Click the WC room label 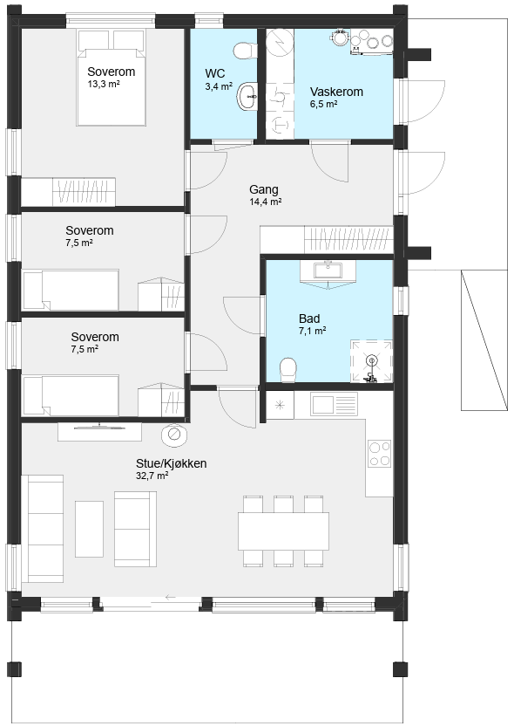click(x=215, y=73)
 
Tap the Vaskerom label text click(x=336, y=92)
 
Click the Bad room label click(x=309, y=318)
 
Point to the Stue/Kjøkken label click(x=171, y=463)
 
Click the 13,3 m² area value click(x=104, y=84)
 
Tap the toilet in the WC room click(x=245, y=51)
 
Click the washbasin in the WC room click(x=247, y=96)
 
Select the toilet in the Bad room click(x=288, y=369)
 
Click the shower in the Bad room click(x=371, y=361)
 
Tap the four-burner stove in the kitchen click(x=380, y=453)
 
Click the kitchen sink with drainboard click(x=334, y=404)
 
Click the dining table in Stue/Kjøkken click(x=283, y=531)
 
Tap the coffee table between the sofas click(x=89, y=529)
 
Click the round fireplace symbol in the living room click(x=174, y=435)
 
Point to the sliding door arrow click(x=170, y=597)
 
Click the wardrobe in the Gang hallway click(x=327, y=239)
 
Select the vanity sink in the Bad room click(x=328, y=270)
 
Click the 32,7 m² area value click(x=152, y=476)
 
